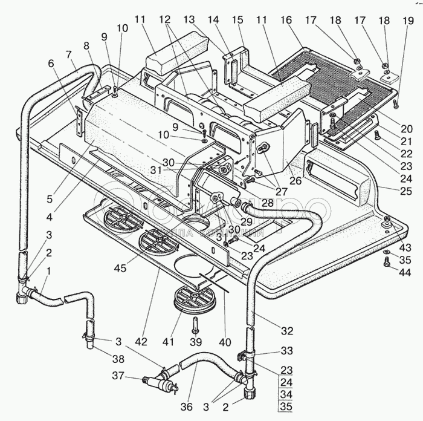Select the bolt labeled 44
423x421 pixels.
click(386, 263)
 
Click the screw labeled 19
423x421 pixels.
click(395, 104)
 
